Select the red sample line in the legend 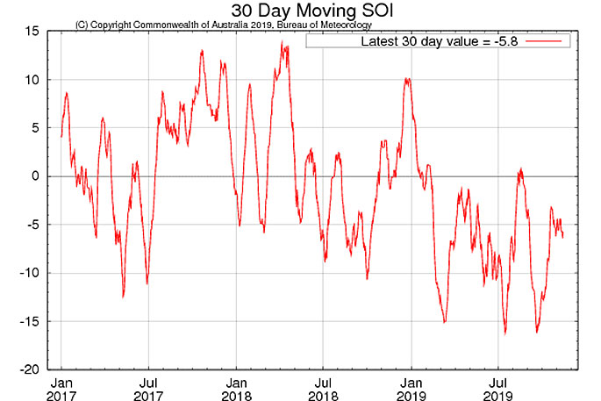pyautogui.click(x=549, y=41)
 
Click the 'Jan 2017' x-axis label pyautogui.click(x=61, y=389)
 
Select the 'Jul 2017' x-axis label pyautogui.click(x=148, y=389)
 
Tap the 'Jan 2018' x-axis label pyautogui.click(x=236, y=389)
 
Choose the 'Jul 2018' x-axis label pyautogui.click(x=323, y=389)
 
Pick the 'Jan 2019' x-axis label pyautogui.click(x=411, y=389)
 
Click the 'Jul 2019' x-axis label pyautogui.click(x=497, y=389)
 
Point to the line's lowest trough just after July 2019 pyautogui.click(x=505, y=333)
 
